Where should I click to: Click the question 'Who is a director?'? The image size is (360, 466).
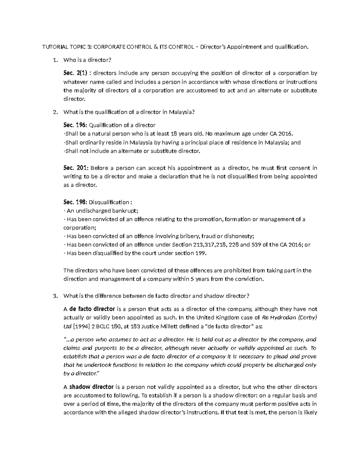(87, 60)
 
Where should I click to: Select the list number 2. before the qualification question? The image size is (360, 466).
(55, 112)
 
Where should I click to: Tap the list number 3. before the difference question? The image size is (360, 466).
(55, 296)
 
